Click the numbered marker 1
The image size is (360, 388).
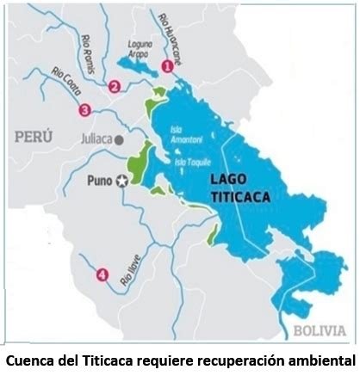(167, 65)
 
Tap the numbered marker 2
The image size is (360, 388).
(114, 85)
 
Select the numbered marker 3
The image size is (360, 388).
(84, 109)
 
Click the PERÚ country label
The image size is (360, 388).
(33, 137)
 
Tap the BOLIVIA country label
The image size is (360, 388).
(320, 330)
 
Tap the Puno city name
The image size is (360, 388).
(100, 181)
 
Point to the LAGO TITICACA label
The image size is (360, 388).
(240, 188)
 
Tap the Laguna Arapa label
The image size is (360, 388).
(138, 46)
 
